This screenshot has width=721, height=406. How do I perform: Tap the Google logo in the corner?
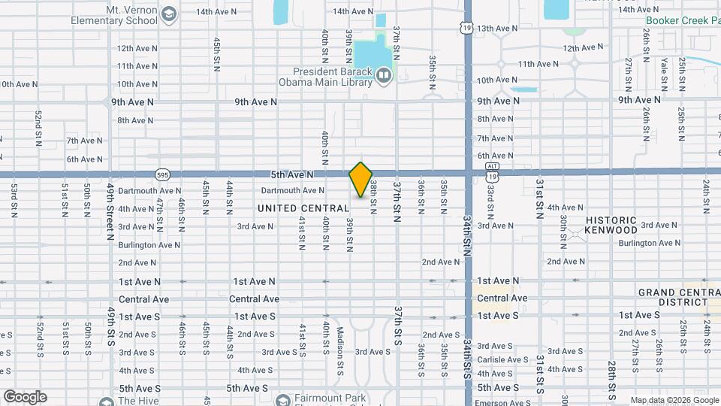pyautogui.click(x=25, y=397)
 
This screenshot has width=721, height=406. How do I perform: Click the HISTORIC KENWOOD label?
pyautogui.click(x=611, y=226)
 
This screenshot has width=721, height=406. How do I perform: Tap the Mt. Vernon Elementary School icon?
pyautogui.click(x=170, y=15)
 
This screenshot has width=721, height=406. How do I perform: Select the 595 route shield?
pyautogui.click(x=162, y=174)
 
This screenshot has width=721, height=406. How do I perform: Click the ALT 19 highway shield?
pyautogui.click(x=492, y=171)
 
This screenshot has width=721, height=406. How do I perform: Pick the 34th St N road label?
pyautogui.click(x=466, y=232)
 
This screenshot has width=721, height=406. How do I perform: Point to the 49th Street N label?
pyautogui.click(x=110, y=211)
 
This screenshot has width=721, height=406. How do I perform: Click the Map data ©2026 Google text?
pyautogui.click(x=674, y=399)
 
